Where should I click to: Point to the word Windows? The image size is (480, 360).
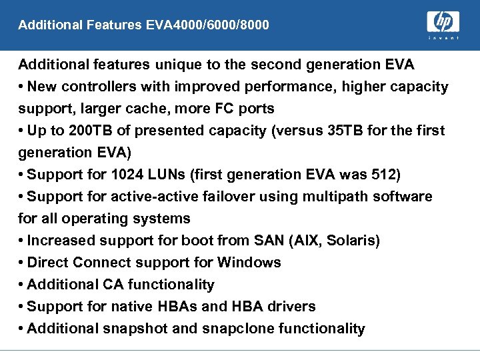(x=249, y=263)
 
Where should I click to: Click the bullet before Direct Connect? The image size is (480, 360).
(x=21, y=263)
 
